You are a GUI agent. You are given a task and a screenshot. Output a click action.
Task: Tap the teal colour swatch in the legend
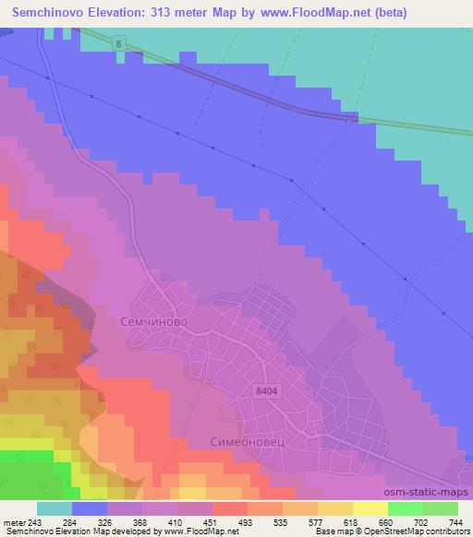tap(55, 508)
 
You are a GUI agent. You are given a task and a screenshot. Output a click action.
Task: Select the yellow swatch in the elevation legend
tap(370, 508)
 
